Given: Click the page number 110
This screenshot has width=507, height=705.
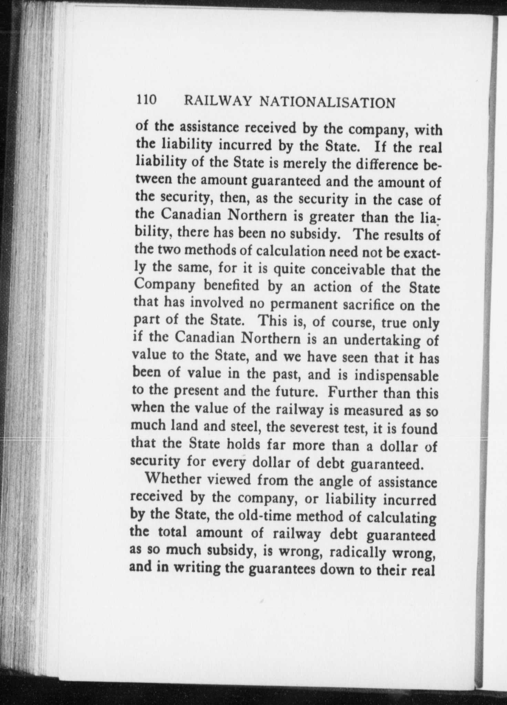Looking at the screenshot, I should point(147,100).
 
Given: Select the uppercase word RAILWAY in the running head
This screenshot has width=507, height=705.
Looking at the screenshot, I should point(217,101).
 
